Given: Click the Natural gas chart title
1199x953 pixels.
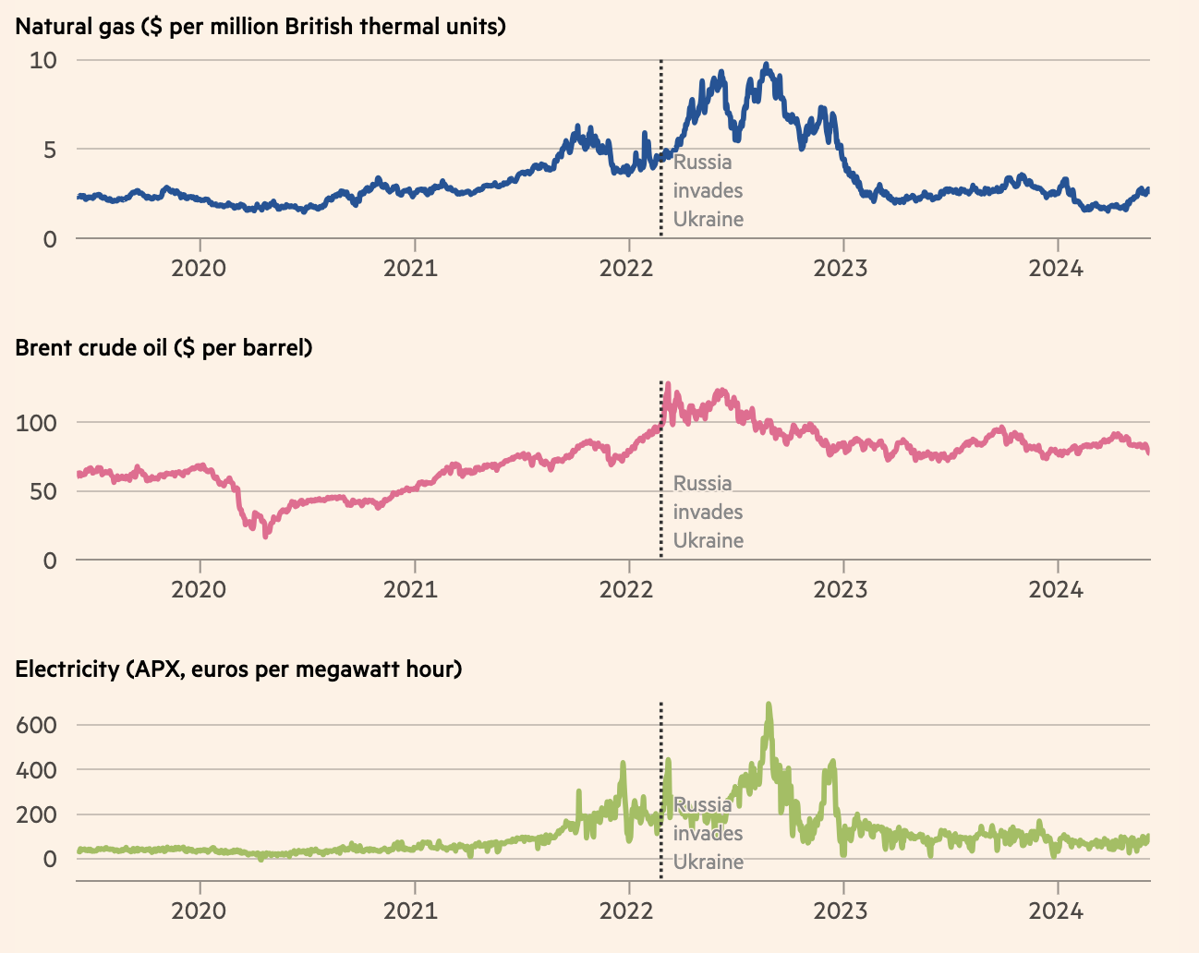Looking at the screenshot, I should (x=260, y=26).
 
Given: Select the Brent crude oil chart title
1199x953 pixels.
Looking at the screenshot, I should (x=163, y=348).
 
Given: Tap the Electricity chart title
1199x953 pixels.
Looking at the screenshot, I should (x=238, y=669).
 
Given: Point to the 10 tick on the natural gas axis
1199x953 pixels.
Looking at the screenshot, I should (x=43, y=61).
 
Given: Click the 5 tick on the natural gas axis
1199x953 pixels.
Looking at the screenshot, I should (x=50, y=150).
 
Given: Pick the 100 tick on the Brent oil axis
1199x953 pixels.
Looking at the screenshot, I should (x=36, y=424).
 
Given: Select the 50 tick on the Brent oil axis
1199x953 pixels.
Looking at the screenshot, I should (x=42, y=491).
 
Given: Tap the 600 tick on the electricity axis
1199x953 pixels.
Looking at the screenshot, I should (x=36, y=725).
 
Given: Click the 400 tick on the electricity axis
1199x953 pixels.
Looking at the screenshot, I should (x=36, y=770).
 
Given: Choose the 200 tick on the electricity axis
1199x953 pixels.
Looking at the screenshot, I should (x=36, y=814).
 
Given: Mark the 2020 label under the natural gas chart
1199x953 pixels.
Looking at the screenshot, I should (x=199, y=269).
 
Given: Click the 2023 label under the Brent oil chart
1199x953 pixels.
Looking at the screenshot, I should (x=841, y=589).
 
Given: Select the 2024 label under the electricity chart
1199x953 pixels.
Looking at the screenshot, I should (x=1056, y=911).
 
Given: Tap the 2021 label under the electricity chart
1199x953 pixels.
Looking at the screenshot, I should (x=412, y=911).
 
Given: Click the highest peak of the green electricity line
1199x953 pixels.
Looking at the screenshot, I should (x=769, y=706).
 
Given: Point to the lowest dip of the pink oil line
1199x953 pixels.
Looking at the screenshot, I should (x=266, y=535).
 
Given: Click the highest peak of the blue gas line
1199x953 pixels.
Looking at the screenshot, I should (x=766, y=66).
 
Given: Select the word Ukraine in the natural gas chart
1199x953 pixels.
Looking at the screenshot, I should (x=708, y=220).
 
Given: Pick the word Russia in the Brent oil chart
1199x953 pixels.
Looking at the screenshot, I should (x=703, y=484).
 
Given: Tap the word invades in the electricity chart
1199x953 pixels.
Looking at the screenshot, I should (x=708, y=834).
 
